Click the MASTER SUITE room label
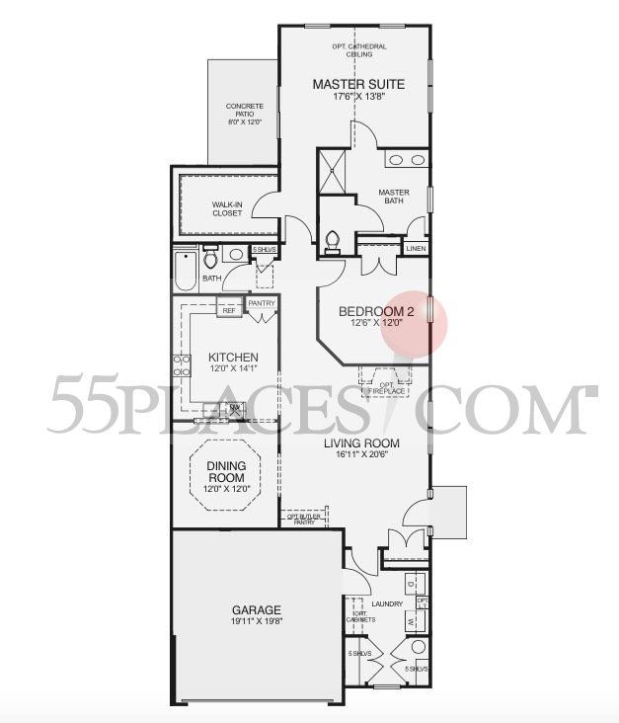point(357,84)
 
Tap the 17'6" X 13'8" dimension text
point(357,99)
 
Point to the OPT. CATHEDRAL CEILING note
point(357,52)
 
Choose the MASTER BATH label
point(394,198)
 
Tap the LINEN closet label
point(416,249)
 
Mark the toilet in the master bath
point(334,240)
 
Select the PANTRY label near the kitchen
point(262,304)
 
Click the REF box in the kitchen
point(229,310)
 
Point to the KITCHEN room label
point(233,358)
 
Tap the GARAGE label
point(257,610)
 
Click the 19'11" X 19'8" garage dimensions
point(257,624)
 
